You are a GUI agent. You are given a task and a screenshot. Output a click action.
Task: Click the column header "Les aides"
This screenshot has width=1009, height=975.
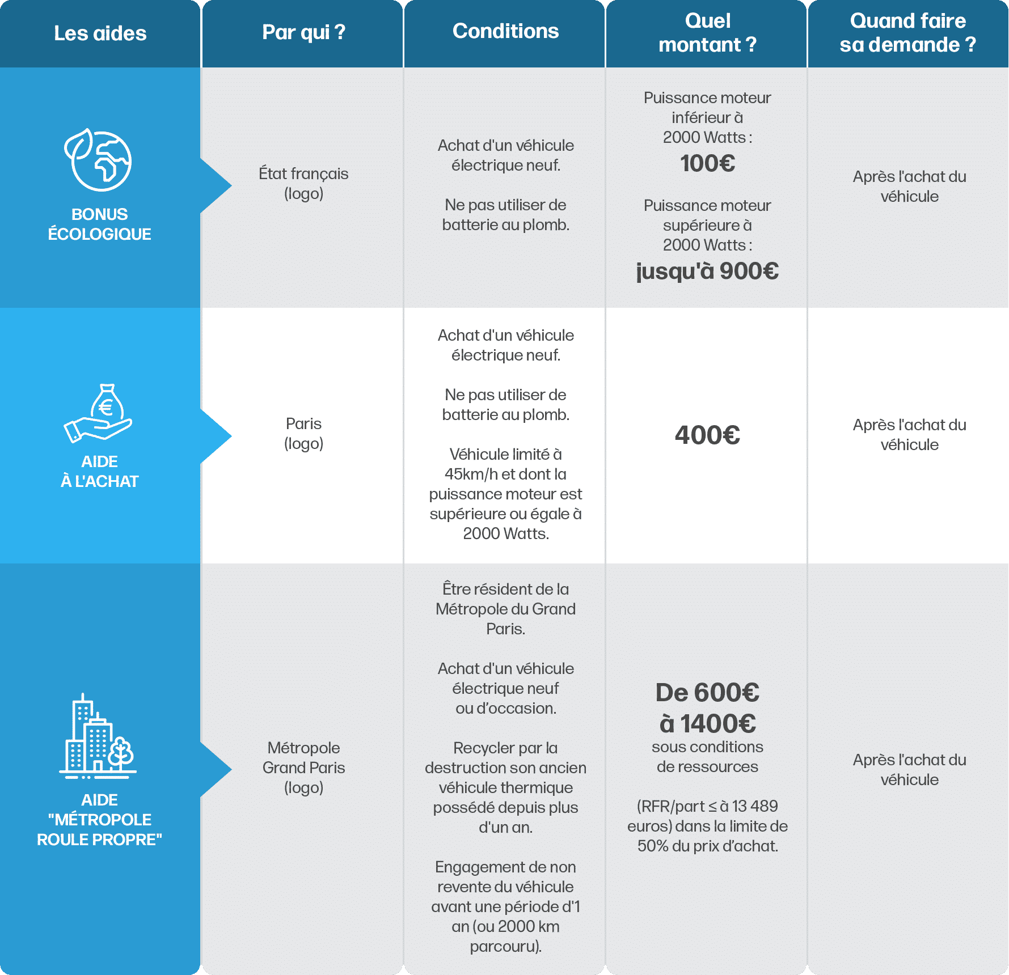(x=100, y=33)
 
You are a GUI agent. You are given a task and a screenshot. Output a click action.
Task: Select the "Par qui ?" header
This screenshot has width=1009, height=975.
(x=303, y=32)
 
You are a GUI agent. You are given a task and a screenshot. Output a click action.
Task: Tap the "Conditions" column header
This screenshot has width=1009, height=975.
(x=505, y=31)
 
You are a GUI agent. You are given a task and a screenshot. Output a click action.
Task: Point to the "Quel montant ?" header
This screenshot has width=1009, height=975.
(x=707, y=33)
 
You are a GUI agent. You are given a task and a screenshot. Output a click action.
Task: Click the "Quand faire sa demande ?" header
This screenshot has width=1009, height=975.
(x=908, y=33)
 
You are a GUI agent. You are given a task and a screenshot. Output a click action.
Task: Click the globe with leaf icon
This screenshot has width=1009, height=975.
(x=98, y=160)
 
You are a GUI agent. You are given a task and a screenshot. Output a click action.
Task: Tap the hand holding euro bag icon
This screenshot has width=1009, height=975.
(x=98, y=413)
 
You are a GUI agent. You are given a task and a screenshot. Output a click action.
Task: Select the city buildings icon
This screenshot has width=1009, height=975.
(x=98, y=735)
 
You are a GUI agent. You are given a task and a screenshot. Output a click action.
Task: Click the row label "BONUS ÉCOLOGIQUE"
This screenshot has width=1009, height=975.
(x=99, y=224)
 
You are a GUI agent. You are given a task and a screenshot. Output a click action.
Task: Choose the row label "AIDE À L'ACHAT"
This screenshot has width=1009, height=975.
(x=99, y=471)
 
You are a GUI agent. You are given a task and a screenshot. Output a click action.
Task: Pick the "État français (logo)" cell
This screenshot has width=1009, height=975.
(x=303, y=183)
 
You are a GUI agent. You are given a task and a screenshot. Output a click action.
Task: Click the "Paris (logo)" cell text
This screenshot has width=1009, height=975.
(x=303, y=433)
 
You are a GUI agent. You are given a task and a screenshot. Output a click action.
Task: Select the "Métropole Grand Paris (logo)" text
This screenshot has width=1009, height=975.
(x=303, y=768)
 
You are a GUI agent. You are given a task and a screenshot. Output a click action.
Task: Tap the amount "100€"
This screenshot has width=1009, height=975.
(x=707, y=163)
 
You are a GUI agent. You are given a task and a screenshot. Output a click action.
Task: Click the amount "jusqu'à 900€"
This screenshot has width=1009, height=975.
(x=707, y=271)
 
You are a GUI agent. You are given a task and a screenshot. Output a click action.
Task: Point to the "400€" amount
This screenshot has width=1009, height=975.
(x=707, y=435)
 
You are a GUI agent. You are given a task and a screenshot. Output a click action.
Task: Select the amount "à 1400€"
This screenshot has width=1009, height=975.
(x=708, y=723)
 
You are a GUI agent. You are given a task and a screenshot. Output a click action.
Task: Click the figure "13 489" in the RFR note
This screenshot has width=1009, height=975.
(x=755, y=806)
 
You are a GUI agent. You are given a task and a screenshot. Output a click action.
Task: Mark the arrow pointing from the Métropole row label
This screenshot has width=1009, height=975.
(x=216, y=769)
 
